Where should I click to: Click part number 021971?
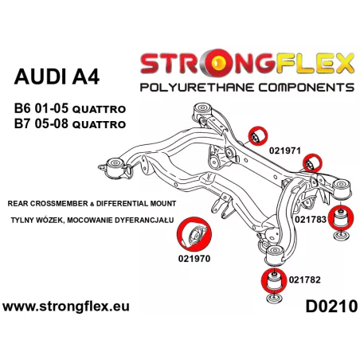pos(285,151)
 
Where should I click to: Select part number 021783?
pos(311,219)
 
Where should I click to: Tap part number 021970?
pos(194,259)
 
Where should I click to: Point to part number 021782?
pos(304,280)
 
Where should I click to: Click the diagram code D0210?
pos(331,307)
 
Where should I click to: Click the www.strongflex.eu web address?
pos(66,307)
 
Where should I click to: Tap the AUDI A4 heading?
pos(57,77)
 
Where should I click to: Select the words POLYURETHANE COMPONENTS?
pos(247,88)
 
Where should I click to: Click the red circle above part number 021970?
pos(194,234)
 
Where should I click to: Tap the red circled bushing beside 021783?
pos(341,217)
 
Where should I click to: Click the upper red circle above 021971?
pos(257,135)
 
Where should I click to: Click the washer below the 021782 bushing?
pos(274,298)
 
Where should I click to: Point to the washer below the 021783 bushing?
pos(341,236)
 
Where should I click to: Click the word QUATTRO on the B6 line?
pos(99,109)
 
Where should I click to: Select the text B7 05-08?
pos(41,123)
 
